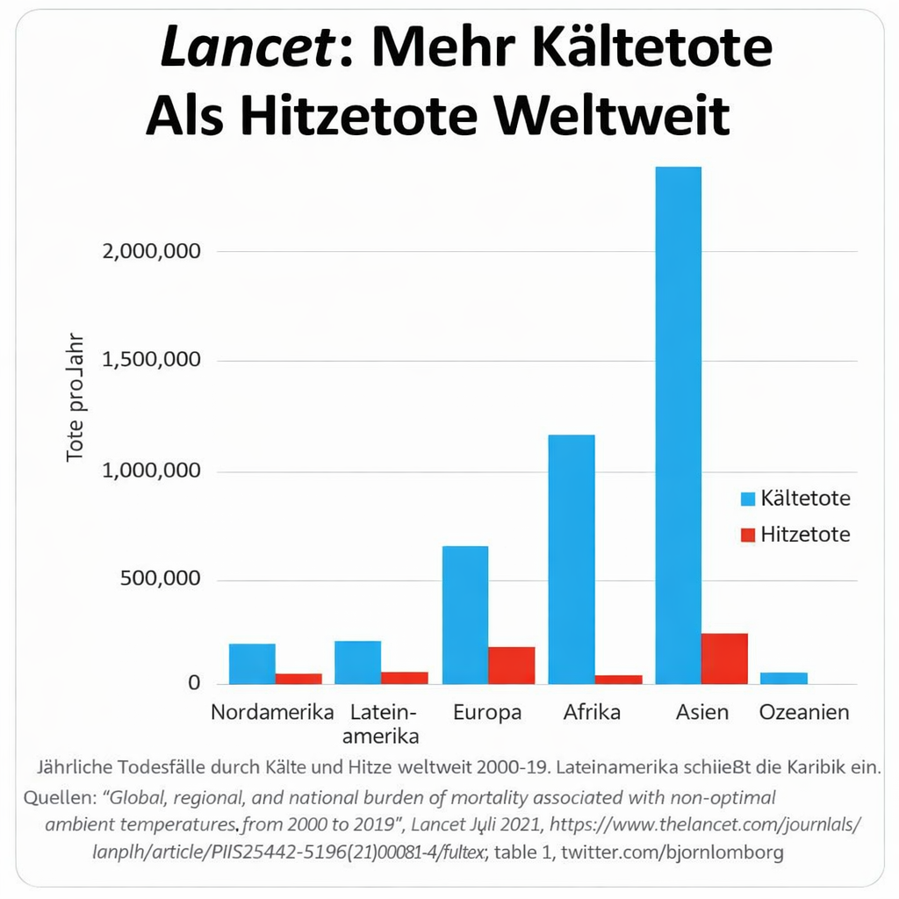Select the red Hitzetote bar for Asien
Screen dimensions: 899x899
[x=724, y=658]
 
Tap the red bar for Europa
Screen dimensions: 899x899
[x=511, y=665]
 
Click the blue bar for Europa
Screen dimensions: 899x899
[x=464, y=615]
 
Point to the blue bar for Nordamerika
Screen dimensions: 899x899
[x=252, y=664]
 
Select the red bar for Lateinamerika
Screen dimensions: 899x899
[x=404, y=678]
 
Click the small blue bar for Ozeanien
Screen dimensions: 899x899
[x=784, y=679]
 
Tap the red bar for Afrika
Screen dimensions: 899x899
[x=618, y=680]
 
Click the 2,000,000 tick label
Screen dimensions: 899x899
[x=152, y=251]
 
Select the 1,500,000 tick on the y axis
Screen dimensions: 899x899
[x=152, y=361]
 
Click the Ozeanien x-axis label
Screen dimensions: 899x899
[x=804, y=712]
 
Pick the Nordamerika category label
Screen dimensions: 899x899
[x=272, y=712]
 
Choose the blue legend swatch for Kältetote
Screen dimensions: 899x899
[x=748, y=500]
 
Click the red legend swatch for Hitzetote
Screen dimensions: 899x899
[x=748, y=535]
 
